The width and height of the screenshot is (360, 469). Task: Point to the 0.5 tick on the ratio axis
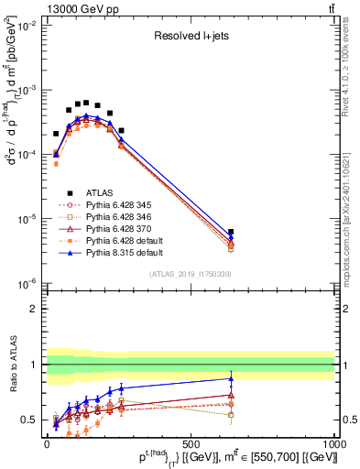click(32, 420)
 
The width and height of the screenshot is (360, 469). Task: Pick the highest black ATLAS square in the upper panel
click(86, 103)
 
